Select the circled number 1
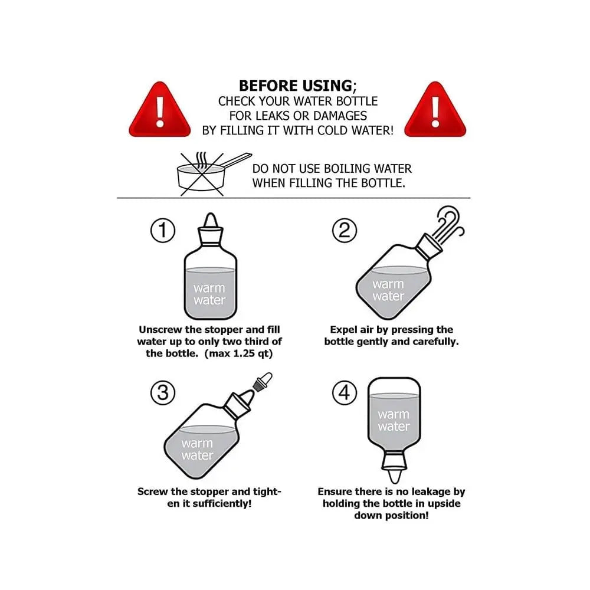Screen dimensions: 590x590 click(163, 231)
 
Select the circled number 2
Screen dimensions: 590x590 click(345, 231)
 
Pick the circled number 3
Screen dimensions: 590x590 click(163, 393)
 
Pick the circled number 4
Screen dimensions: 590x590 click(345, 393)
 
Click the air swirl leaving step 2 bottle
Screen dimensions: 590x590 click(450, 222)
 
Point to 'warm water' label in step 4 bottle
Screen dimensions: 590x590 click(394, 421)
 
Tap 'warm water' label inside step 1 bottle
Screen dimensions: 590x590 click(209, 294)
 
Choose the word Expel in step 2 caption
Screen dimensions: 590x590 click(343, 329)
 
